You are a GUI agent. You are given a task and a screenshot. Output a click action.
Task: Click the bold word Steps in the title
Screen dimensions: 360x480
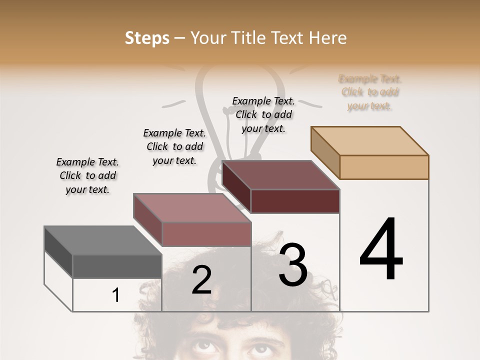[147, 38]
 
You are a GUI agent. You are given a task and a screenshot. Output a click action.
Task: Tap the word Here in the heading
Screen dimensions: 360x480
[327, 38]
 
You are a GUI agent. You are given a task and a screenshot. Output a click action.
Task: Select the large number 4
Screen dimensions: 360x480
[381, 250]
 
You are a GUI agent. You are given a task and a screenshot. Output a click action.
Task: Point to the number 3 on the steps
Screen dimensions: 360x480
[293, 265]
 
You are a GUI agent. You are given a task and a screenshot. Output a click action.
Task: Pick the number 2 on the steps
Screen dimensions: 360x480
[201, 280]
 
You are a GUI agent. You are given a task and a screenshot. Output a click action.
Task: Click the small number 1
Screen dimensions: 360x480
[115, 295]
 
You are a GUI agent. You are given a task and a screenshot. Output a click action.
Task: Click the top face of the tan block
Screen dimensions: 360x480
[370, 140]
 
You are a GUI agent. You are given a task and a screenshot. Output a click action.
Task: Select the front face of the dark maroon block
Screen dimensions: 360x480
[295, 201]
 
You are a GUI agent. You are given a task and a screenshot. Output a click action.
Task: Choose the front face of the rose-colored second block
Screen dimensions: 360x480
[206, 234]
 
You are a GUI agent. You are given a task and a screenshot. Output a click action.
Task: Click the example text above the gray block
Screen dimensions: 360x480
[87, 175]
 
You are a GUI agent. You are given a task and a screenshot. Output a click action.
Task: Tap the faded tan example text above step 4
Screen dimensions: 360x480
[370, 92]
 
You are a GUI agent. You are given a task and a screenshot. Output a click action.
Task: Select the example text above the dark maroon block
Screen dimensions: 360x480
[263, 114]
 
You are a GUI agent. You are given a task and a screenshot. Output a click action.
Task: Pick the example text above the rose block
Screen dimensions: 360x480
[174, 146]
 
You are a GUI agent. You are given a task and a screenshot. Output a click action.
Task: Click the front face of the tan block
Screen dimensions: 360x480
[384, 167]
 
